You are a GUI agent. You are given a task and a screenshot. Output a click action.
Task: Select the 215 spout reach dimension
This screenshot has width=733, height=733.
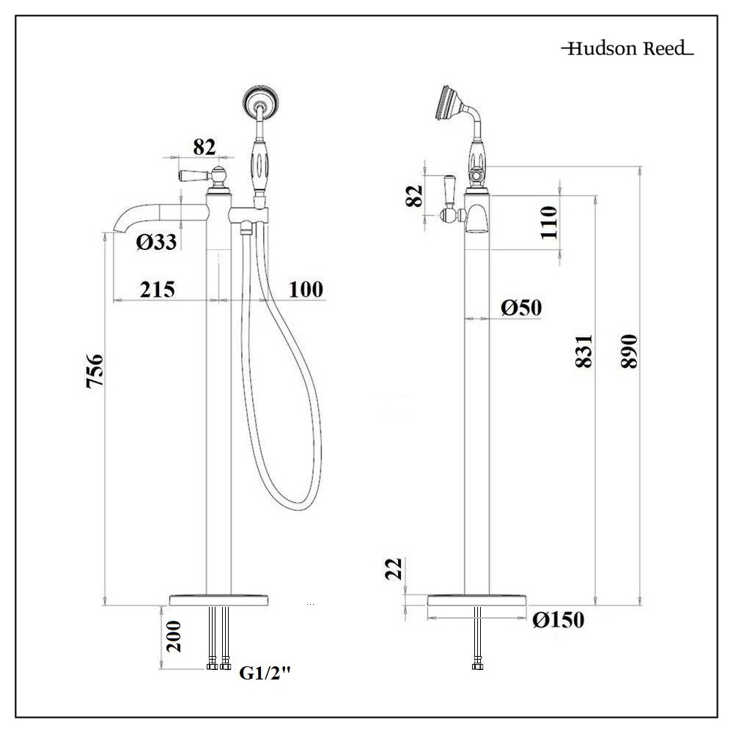point(157,289)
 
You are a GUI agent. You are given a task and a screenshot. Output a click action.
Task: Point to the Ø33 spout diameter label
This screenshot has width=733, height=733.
point(156,242)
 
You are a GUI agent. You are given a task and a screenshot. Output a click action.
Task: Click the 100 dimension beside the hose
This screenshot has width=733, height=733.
point(305,289)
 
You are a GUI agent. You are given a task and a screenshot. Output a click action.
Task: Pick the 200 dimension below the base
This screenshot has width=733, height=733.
point(174,636)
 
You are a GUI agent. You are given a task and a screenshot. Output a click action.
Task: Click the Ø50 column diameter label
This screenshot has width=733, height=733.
point(522,307)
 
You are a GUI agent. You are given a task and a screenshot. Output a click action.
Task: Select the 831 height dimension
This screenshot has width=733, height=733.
point(583,352)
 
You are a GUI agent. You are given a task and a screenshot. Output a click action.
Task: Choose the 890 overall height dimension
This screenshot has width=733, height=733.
point(629,352)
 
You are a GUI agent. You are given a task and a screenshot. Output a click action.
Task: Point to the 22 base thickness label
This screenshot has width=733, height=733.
point(394,569)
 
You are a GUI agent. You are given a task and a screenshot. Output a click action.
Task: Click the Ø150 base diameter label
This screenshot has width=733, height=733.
point(559,621)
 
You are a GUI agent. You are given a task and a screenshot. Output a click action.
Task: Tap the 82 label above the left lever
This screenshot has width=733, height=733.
point(205,147)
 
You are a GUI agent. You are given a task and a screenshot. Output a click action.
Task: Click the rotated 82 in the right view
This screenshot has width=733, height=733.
point(415,195)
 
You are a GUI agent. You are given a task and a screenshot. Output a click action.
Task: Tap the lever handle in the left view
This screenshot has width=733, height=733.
point(193,176)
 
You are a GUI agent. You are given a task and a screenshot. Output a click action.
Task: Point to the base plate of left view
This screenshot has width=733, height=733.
point(219,600)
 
